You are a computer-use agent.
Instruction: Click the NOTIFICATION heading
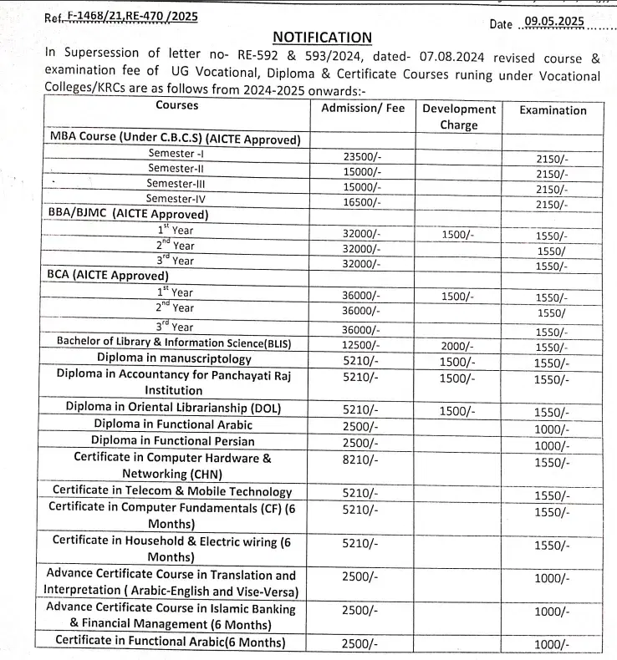pos(322,38)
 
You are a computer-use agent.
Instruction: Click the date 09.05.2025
pos(553,22)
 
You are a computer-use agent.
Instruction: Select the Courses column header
pos(177,106)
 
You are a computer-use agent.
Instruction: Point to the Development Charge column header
pos(458,117)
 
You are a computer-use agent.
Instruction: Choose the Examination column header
pos(553,109)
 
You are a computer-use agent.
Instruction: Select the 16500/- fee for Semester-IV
pos(362,202)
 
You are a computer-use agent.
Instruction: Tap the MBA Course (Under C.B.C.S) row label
pos(175,139)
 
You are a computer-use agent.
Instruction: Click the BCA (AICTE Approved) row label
pos(109,275)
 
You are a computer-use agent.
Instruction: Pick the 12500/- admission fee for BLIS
pos(362,344)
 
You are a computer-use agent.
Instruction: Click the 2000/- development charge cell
pos(457,346)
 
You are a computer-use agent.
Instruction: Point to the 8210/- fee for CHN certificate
pos(361,459)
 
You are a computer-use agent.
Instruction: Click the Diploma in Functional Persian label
pos(173,440)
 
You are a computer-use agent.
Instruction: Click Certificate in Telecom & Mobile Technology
pos(172,491)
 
